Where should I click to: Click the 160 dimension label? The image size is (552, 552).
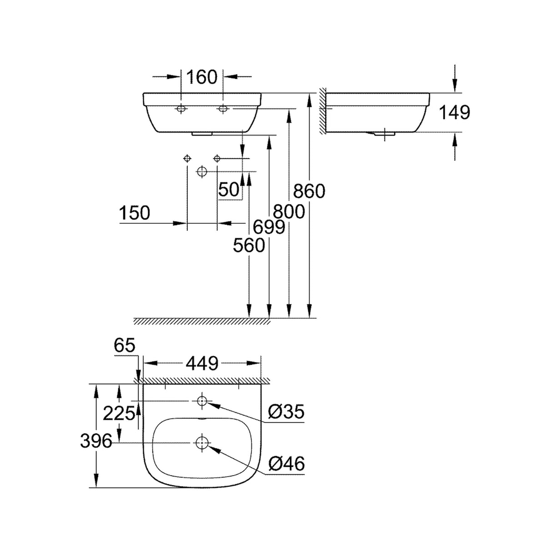coord(202,77)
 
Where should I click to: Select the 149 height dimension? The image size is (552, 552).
coord(455,112)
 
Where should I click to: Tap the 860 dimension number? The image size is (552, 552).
coord(309,191)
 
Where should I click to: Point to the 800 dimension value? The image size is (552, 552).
coord(289,211)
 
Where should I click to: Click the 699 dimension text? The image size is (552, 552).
coord(269,227)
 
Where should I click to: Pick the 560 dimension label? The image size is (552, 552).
coord(249,246)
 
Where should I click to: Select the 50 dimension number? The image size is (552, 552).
coord(229,190)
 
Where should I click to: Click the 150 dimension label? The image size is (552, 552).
coord(135,213)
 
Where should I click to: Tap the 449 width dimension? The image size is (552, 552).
coord(202,363)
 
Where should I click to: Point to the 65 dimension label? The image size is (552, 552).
coord(125,346)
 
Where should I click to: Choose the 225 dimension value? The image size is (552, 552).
coord(119,413)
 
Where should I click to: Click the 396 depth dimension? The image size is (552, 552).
coord(96,441)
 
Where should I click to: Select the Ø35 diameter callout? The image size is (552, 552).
coord(286,412)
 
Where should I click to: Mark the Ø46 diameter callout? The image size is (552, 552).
coord(286,464)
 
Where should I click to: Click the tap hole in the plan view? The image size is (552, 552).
coord(201,401)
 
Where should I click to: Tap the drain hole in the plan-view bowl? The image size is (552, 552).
coord(201,442)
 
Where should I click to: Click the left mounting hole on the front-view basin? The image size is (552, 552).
coord(181,109)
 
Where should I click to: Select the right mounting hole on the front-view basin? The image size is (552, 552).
coord(223,109)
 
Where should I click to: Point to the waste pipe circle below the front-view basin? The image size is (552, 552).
coord(202,171)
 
